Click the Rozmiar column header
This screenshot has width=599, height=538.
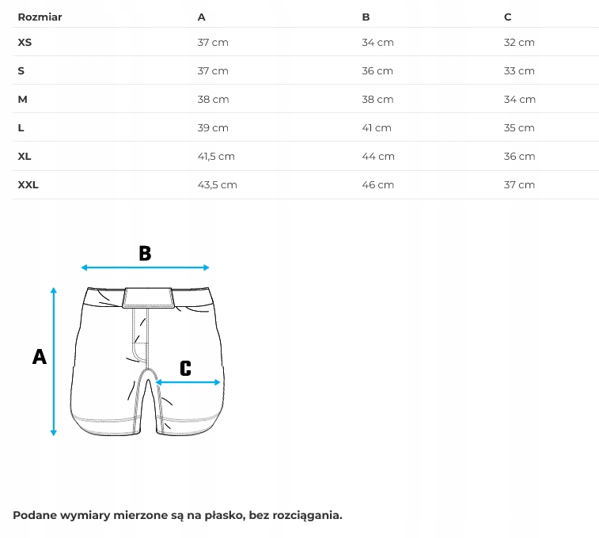point(40,17)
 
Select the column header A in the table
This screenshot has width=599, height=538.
point(201,17)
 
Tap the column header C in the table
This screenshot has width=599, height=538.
point(507,17)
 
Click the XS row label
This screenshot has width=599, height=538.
point(25,42)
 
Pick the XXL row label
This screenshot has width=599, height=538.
point(28,184)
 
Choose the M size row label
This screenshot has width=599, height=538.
point(22,99)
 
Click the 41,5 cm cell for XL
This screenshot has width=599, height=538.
point(216,156)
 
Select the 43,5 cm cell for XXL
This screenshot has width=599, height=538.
point(217,184)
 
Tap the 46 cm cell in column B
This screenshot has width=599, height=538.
point(377,184)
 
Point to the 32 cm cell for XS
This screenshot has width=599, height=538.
point(519,42)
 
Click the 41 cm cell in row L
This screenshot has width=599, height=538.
point(377,127)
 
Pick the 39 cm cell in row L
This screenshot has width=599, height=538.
point(213,127)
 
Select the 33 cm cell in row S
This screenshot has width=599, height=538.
point(519,70)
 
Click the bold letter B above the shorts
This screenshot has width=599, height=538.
point(145,253)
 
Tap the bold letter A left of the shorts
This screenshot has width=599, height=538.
point(39,357)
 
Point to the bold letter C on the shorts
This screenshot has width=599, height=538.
point(185,368)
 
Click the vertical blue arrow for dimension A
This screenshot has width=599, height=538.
point(54,361)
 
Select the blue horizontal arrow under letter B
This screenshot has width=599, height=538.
point(145,267)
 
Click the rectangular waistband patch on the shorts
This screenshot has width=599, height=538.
point(148,297)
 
